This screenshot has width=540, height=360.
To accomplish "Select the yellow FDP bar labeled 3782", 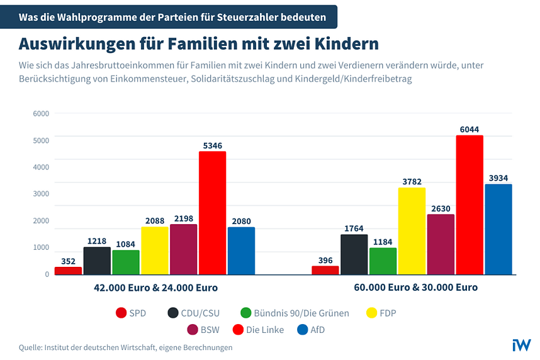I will [x=412, y=231].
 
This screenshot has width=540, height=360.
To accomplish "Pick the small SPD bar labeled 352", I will [x=68, y=271].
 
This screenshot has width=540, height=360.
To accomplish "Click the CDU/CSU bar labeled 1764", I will [x=354, y=254].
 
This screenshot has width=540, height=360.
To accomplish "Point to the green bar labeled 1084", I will [x=126, y=262].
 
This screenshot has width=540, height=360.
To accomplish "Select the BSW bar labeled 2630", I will [x=441, y=244].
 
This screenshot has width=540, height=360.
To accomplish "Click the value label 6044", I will [x=470, y=130].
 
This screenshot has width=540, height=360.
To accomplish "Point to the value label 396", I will [x=325, y=261].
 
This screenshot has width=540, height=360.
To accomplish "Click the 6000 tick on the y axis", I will [x=41, y=114].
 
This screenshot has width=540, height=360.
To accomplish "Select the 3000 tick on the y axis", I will [x=41, y=194].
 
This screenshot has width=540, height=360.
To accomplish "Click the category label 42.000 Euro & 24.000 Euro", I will [x=155, y=288].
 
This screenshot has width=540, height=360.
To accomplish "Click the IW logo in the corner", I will [x=522, y=344].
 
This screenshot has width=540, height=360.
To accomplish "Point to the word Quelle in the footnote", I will [x=31, y=347].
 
